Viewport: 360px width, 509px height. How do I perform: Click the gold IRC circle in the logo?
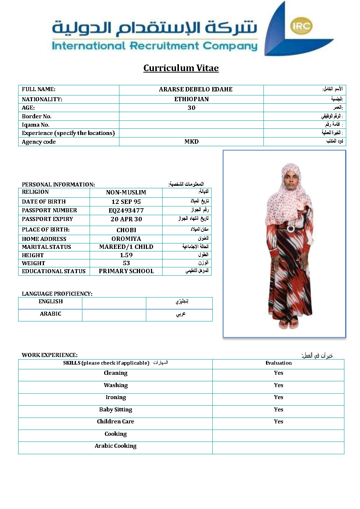(301, 26)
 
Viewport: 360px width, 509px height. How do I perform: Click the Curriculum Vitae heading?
(181, 68)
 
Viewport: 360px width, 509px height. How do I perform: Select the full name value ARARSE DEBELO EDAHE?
(196, 89)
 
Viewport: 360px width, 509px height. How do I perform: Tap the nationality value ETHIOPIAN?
(191, 99)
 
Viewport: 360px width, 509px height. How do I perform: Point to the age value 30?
(191, 108)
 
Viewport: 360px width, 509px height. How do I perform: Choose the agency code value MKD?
(191, 141)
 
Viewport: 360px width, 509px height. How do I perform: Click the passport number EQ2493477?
(126, 210)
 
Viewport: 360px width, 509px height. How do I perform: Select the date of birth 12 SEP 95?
(126, 202)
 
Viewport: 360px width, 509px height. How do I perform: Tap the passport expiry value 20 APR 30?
(126, 219)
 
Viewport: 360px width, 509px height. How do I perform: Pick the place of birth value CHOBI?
(126, 230)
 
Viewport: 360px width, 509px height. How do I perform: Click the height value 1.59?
(126, 255)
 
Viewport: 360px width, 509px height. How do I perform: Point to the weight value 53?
(126, 263)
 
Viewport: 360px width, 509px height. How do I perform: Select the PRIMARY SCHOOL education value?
(126, 271)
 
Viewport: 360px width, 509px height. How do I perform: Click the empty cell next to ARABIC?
(114, 315)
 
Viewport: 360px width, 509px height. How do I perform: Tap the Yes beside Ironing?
(278, 397)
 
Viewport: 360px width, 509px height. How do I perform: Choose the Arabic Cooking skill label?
(115, 446)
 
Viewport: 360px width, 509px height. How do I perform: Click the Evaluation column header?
(278, 363)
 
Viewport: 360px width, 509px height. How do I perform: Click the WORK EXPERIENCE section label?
(49, 355)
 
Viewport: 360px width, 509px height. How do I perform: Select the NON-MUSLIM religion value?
(126, 192)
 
